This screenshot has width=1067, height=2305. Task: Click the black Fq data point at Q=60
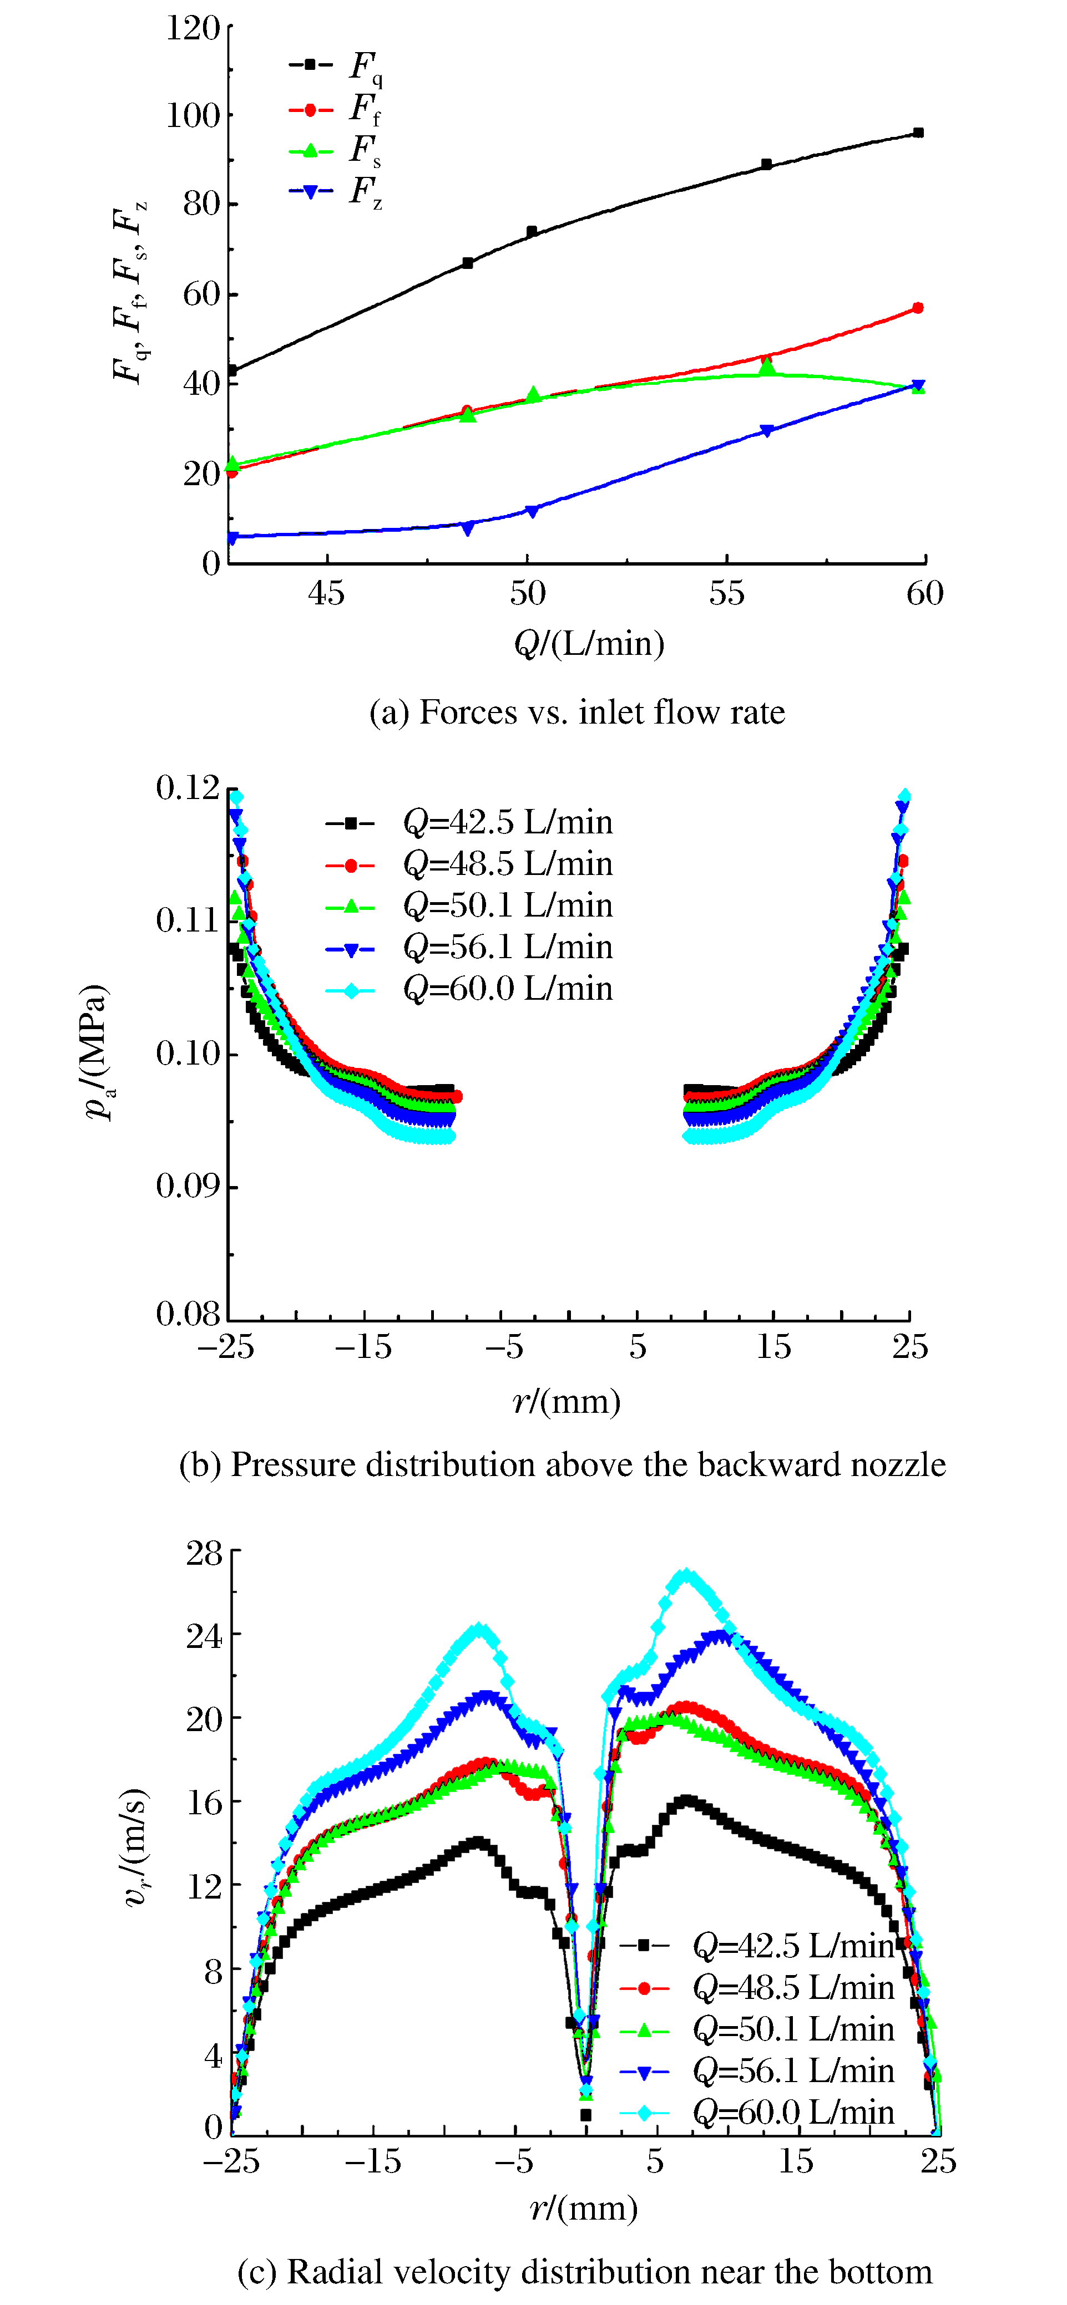918,133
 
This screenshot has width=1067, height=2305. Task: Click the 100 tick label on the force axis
193,115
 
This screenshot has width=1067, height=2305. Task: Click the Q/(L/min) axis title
589,643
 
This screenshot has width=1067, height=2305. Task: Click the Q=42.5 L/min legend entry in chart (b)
470,821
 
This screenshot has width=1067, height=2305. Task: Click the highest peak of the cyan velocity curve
686,1576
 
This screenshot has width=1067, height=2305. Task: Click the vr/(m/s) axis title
135,1848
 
